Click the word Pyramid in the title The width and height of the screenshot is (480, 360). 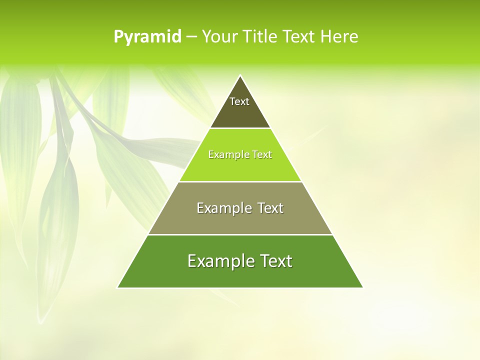(x=147, y=37)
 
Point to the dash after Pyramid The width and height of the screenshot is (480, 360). (x=191, y=37)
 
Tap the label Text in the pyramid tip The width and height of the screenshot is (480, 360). (x=239, y=101)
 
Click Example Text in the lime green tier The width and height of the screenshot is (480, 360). (x=240, y=155)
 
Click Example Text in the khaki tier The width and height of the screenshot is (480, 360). (x=240, y=208)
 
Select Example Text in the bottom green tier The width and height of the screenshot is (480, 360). (x=240, y=261)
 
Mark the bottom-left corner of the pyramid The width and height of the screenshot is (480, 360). (x=118, y=287)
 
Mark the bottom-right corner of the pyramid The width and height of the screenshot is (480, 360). (x=362, y=287)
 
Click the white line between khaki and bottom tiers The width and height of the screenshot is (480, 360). (x=240, y=234)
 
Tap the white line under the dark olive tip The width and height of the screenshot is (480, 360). (x=240, y=128)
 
